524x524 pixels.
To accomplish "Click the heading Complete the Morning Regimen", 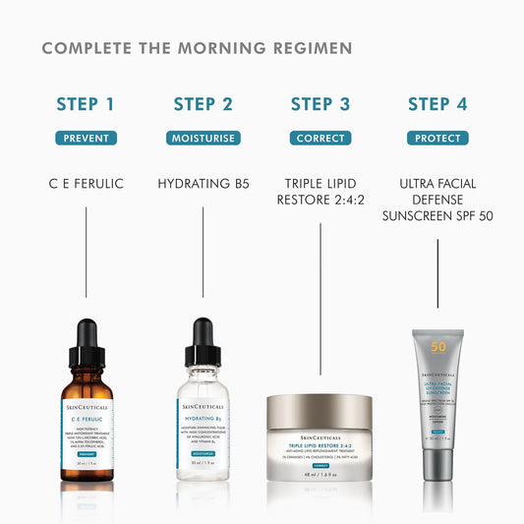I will tap(197, 48).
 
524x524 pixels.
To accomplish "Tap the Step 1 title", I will tap(86, 104).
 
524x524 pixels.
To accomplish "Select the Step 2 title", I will tap(203, 104).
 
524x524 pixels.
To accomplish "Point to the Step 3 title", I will tap(320, 104).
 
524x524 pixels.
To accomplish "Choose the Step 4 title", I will tap(437, 104).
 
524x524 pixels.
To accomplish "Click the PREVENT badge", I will tap(86, 139).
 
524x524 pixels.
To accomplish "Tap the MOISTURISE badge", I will tap(203, 139).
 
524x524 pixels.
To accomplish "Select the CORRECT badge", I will tap(320, 139).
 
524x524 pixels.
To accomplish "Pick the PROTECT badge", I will tap(437, 139).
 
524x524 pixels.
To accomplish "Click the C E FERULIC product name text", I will tap(86, 183).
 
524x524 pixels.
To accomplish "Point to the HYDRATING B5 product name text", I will tap(203, 183).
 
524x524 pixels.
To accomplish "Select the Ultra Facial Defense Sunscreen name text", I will tap(437, 200).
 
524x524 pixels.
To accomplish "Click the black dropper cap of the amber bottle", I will tap(87, 340).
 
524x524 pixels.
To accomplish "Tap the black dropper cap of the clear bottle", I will tap(204, 340).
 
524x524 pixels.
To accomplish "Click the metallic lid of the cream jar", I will tap(320, 408).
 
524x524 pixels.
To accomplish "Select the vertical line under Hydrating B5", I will tap(203, 251).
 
